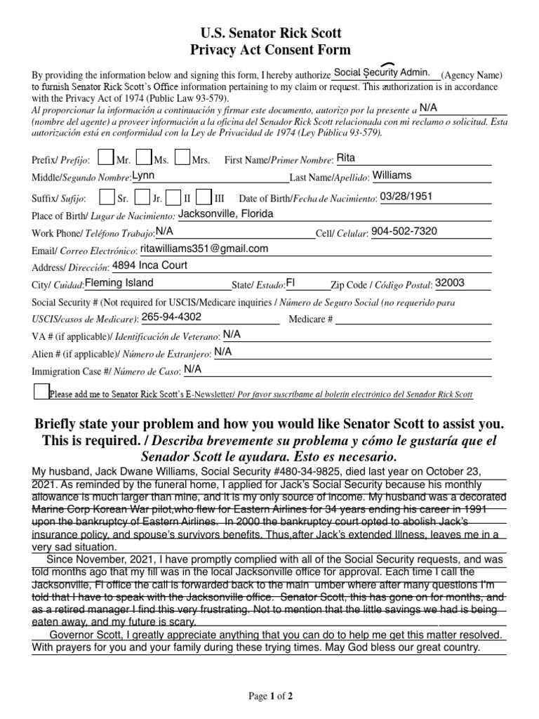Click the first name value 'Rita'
347,158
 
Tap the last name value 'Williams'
392,175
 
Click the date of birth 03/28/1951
406,197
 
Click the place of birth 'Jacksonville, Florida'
225,213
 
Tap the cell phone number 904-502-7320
404,231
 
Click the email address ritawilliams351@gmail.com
205,249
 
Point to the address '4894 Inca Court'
150,265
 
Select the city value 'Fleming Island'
119,283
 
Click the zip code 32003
450,283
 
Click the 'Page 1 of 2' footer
271,697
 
